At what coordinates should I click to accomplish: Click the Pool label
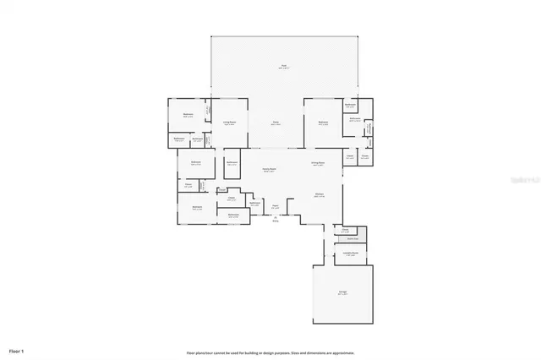point(285,65)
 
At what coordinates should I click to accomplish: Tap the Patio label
point(276,123)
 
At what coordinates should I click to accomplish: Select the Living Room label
point(229,123)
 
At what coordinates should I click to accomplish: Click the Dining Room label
point(318,164)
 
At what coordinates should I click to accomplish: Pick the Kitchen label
point(320,195)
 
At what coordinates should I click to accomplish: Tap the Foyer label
point(276,205)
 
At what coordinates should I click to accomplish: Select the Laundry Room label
point(349,254)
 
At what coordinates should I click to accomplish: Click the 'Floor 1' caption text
point(17,350)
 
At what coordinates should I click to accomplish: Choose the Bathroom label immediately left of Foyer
point(254,204)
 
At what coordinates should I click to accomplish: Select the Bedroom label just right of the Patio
point(323,123)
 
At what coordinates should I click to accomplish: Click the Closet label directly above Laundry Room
point(345,230)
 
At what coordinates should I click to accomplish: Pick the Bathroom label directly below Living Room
point(233,162)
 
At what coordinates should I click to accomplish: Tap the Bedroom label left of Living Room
point(189,114)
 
